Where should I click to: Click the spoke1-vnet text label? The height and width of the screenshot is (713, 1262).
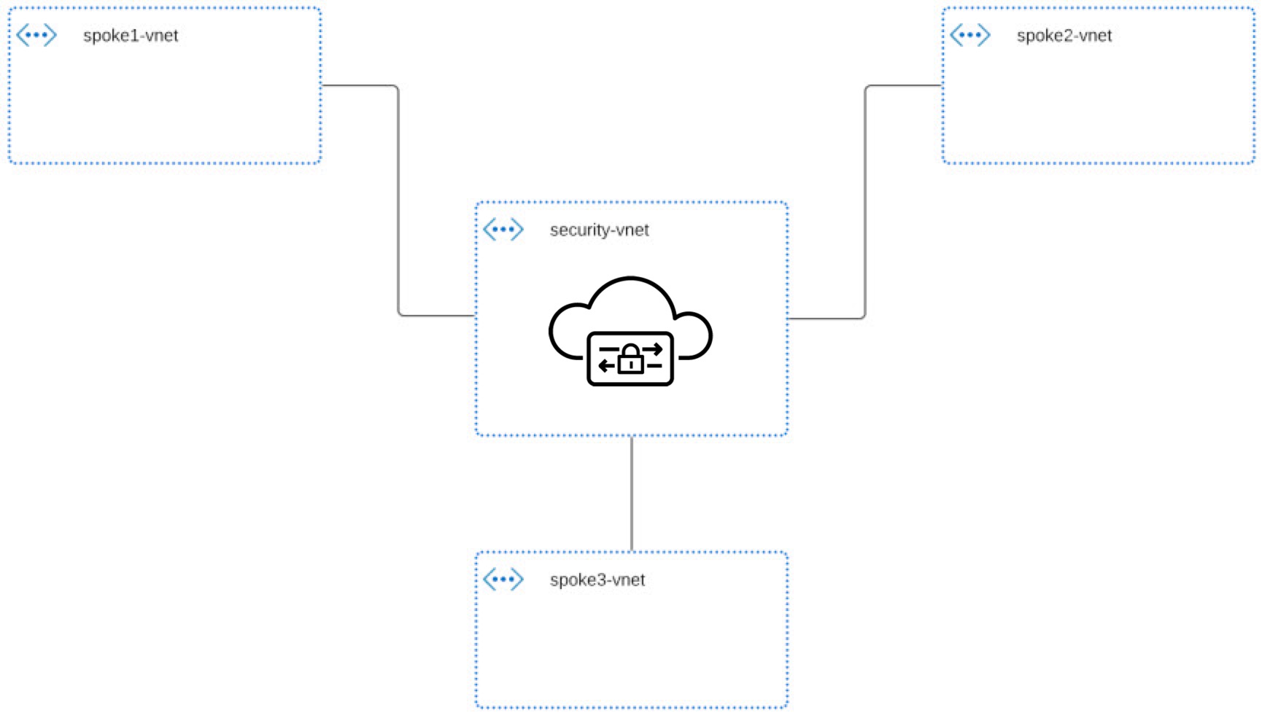coord(131,36)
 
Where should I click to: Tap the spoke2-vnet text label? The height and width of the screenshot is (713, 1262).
coord(1064,36)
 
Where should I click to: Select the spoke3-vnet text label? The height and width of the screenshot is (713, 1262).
coord(597,580)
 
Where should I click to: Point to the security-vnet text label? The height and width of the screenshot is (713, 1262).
coord(599,230)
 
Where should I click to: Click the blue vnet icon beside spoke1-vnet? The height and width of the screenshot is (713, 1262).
coord(36,35)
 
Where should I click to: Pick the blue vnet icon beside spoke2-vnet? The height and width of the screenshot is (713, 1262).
coord(970,35)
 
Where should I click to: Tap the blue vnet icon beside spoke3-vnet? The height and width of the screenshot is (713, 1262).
coord(503,580)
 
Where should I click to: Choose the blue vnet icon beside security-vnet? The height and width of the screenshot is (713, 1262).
coord(503,230)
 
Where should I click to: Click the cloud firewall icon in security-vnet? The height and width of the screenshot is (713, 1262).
coord(630,331)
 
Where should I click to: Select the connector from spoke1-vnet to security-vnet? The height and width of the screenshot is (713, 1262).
coord(398,200)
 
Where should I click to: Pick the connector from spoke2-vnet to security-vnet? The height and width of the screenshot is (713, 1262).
coord(865,200)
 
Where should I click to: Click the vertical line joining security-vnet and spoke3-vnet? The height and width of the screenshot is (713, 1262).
coord(631,494)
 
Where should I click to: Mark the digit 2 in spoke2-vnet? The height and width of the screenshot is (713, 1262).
coord(1069,36)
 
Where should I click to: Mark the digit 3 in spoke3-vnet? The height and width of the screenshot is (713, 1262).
coord(603,580)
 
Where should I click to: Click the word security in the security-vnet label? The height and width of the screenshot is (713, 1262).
coord(581,230)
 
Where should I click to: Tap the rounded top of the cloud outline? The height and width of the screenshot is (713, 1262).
coord(630,278)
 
